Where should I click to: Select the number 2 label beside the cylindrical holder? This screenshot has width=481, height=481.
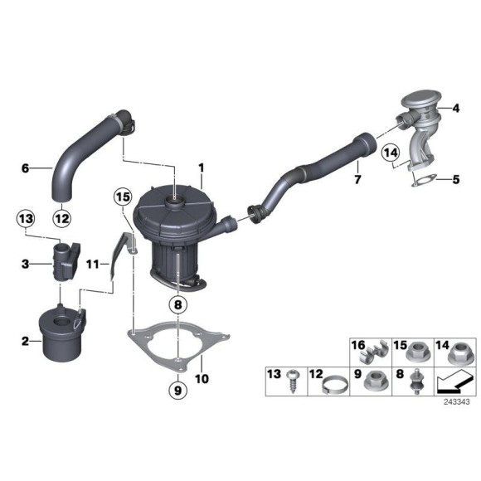tap(25, 340)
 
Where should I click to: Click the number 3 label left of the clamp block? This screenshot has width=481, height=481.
tap(25, 264)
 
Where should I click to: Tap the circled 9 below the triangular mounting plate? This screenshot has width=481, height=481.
tap(177, 388)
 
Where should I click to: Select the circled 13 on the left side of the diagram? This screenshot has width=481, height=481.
tap(25, 219)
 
